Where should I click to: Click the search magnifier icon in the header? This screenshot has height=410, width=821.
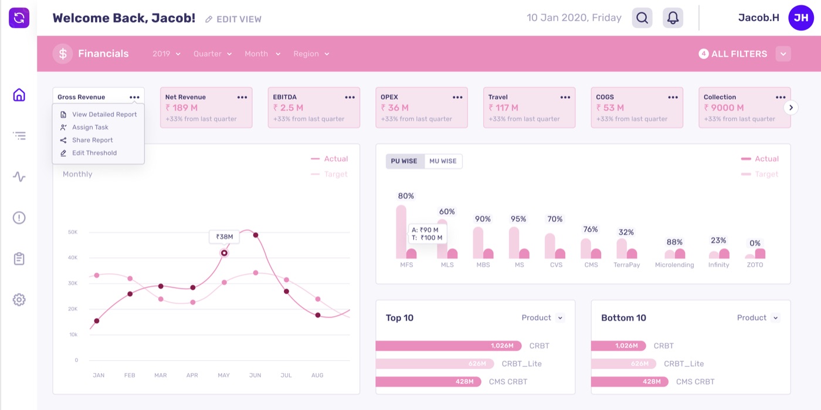(642, 18)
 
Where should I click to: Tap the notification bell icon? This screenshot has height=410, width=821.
(673, 18)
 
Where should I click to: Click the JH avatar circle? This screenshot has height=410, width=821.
(801, 18)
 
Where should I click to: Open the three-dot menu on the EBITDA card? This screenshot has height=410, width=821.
(350, 97)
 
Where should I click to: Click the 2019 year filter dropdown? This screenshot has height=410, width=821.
(167, 54)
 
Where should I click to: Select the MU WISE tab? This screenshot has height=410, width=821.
(443, 161)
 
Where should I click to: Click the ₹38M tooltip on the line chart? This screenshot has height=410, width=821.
(224, 236)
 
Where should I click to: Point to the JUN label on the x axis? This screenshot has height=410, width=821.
(255, 375)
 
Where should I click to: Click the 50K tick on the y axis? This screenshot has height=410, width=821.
(73, 232)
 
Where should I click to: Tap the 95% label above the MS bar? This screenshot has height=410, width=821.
(518, 219)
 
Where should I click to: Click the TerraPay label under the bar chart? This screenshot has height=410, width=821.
(627, 265)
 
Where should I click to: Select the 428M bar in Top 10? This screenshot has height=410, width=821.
(429, 382)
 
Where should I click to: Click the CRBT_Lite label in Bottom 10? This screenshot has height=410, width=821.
(684, 364)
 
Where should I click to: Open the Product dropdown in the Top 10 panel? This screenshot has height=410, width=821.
(542, 317)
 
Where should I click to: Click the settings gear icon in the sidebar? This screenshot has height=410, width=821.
(19, 300)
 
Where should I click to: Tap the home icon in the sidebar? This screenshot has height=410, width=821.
(19, 94)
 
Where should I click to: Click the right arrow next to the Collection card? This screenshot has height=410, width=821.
(791, 107)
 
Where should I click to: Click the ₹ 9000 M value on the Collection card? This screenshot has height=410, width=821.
(724, 108)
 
